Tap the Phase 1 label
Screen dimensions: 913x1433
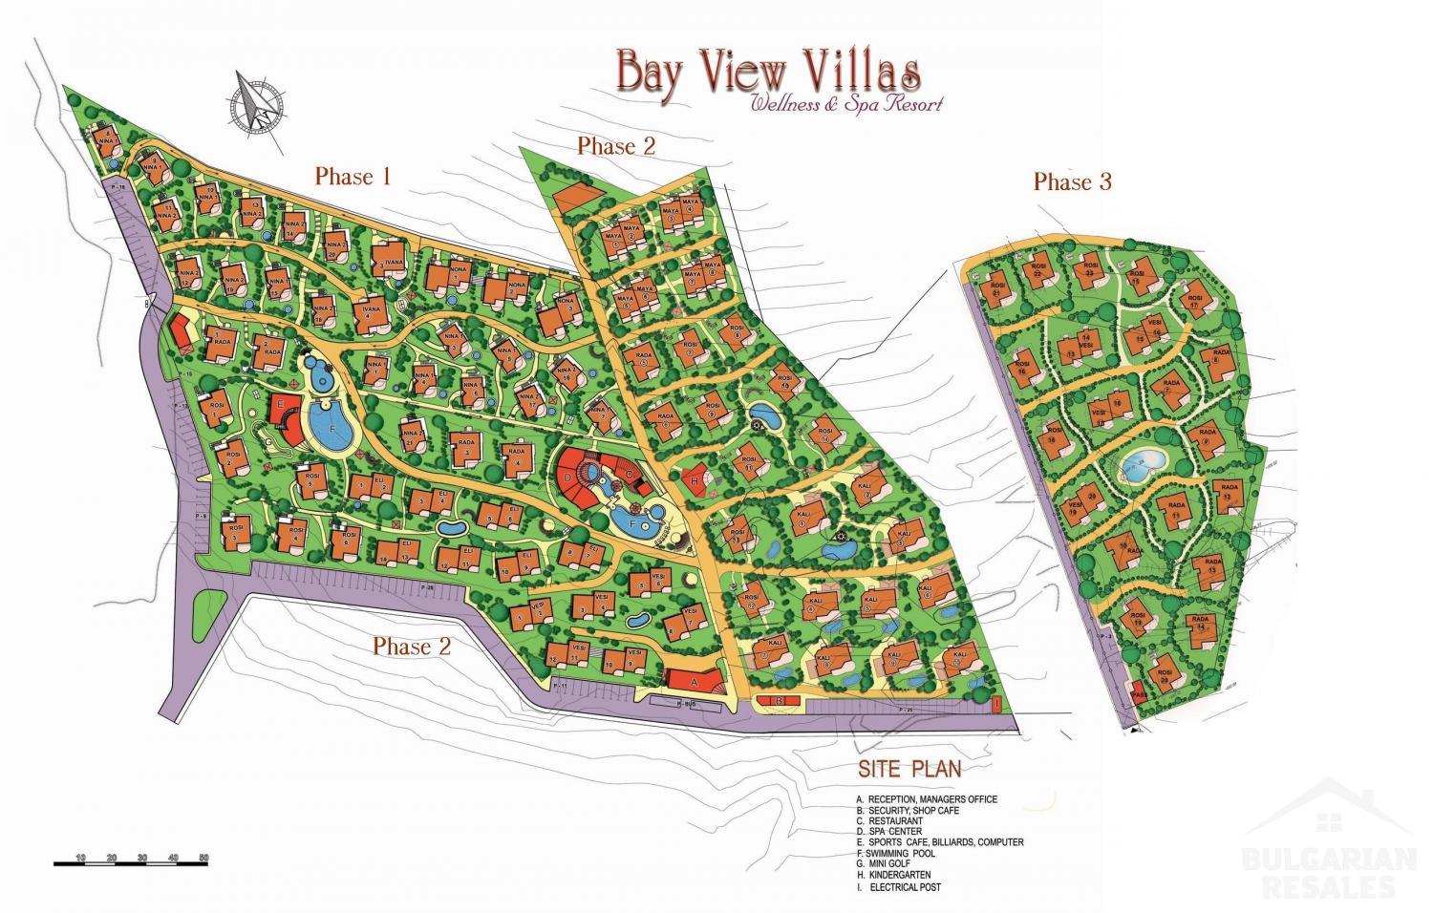[353, 177]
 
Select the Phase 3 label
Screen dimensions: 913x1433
[1072, 181]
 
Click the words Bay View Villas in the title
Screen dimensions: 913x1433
[768, 72]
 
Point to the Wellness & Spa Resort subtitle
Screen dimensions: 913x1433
[846, 104]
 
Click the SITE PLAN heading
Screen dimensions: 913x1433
[909, 768]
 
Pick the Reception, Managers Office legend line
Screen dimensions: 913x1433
[927, 799]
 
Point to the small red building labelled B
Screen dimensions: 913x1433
[779, 702]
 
